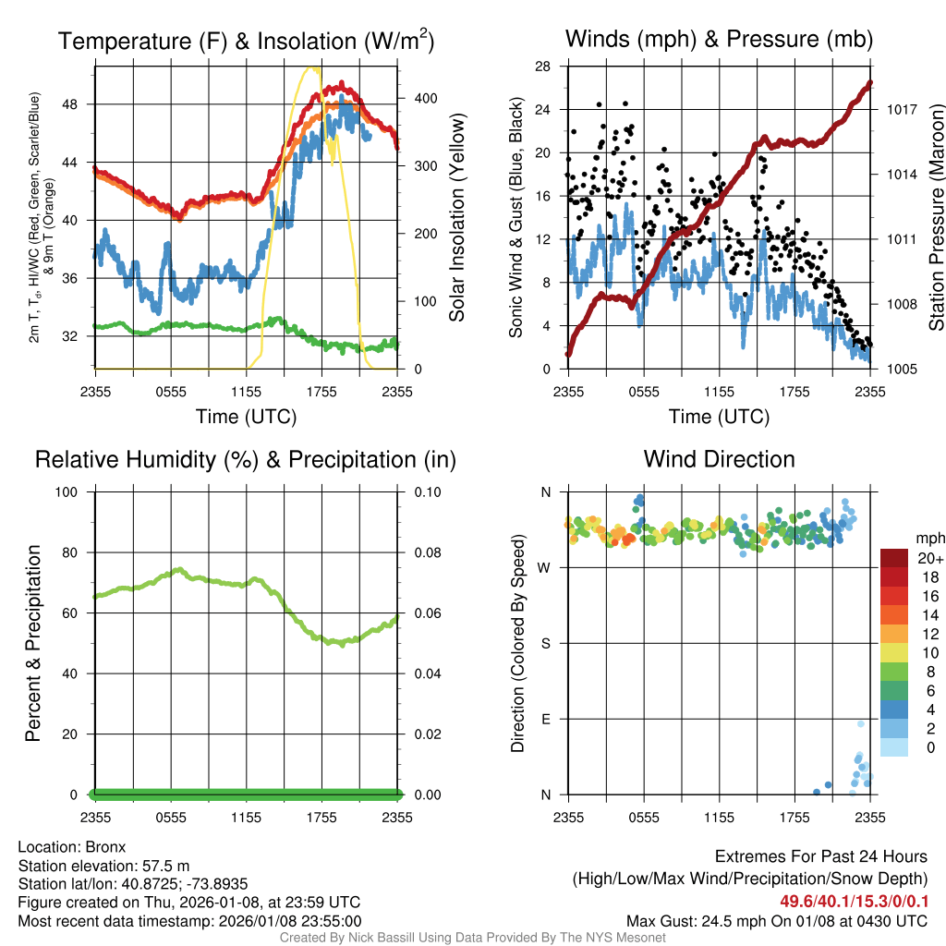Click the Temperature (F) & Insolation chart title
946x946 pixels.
pyautogui.click(x=246, y=41)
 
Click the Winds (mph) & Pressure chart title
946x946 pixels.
pyautogui.click(x=719, y=39)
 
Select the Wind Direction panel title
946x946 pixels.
pyautogui.click(x=719, y=459)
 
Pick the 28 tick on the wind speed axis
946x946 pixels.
pyautogui.click(x=543, y=67)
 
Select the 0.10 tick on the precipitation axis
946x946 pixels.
pyautogui.click(x=427, y=491)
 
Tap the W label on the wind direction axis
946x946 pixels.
pyautogui.click(x=544, y=567)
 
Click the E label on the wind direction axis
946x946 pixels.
pyautogui.click(x=545, y=719)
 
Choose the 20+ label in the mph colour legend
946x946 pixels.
pyautogui.click(x=928, y=559)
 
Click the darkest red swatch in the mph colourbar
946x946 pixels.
pyautogui.click(x=895, y=558)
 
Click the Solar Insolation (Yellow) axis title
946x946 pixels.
pyautogui.click(x=457, y=216)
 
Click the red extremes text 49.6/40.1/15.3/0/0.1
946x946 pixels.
pyautogui.click(x=854, y=902)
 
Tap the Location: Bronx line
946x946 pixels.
pyautogui.click(x=72, y=847)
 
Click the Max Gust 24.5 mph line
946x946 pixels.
pyautogui.click(x=777, y=920)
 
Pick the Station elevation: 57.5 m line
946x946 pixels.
pyautogui.click(x=103, y=866)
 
